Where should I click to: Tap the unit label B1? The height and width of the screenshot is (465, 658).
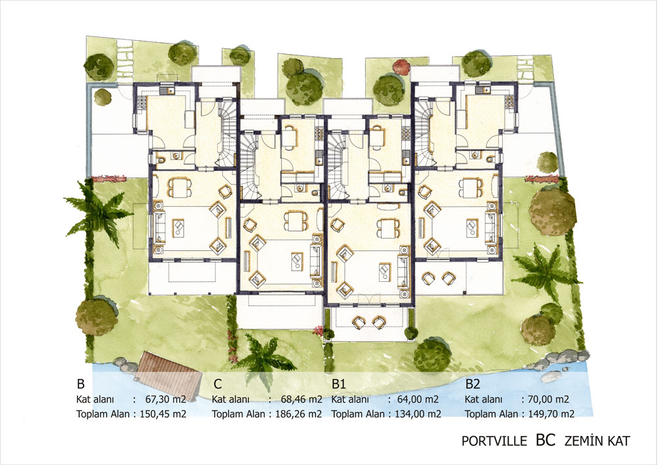(x=338, y=384)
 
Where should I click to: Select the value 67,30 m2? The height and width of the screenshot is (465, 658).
(x=166, y=399)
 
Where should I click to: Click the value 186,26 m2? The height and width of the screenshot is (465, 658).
(x=298, y=414)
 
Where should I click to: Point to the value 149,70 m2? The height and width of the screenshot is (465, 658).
(x=551, y=414)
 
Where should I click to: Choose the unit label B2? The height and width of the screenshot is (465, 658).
(x=472, y=384)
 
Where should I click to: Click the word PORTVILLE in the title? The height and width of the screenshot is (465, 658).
(x=494, y=441)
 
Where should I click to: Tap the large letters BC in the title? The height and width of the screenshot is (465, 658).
(x=545, y=439)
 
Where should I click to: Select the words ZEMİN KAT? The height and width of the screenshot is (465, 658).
(x=597, y=441)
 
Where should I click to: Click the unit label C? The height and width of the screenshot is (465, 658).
(x=217, y=384)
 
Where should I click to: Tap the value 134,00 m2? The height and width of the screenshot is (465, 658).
(x=418, y=414)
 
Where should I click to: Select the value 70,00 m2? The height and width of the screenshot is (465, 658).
(x=547, y=399)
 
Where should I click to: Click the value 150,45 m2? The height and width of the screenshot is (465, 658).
(x=163, y=414)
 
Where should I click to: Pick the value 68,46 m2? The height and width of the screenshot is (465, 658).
(x=301, y=399)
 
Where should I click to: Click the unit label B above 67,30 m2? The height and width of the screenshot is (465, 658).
(x=80, y=384)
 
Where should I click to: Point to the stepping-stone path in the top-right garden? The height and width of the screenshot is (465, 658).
(x=524, y=69)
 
